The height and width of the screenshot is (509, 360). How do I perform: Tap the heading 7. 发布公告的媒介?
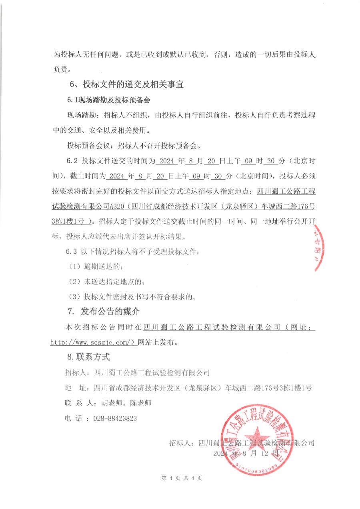104,312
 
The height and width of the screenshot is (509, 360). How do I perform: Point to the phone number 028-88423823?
115,419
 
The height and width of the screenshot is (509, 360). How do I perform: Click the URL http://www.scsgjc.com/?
94,343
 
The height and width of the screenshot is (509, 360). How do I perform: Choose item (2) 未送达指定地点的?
106,282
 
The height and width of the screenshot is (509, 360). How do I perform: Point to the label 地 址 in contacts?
76,388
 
